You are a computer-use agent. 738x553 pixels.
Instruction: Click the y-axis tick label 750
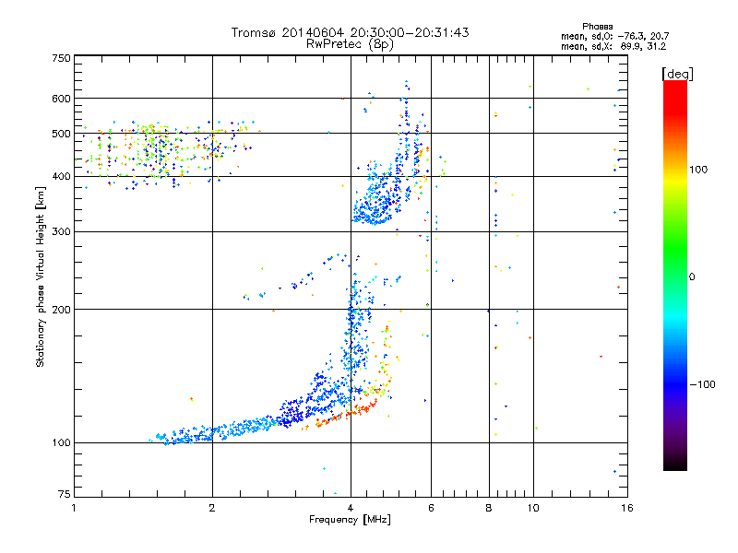tap(60, 57)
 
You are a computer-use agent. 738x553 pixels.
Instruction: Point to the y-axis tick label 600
tap(60, 99)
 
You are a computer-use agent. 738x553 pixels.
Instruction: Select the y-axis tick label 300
tap(60, 231)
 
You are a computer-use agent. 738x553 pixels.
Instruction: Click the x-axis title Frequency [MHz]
tap(350, 521)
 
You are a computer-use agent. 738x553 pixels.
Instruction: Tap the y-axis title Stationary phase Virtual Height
tap(41, 276)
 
